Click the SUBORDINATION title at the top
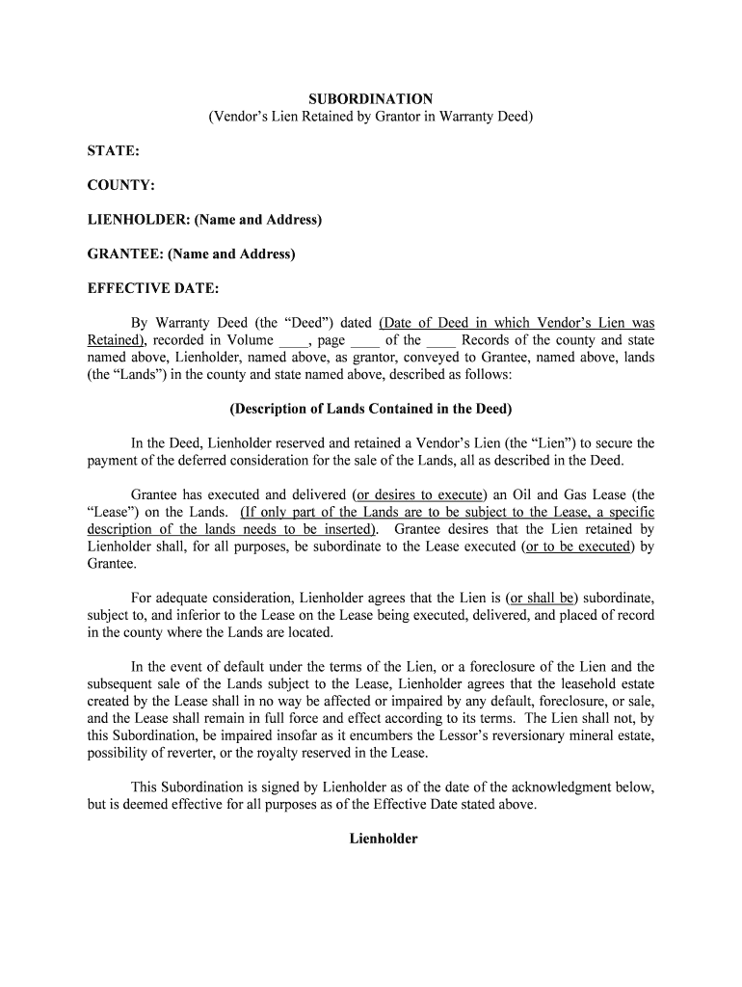(371, 99)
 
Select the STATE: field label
(114, 151)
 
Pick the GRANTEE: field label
(192, 254)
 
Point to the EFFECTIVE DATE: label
(153, 289)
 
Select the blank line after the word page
(364, 341)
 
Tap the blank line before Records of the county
(440, 341)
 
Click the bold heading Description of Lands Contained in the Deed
(371, 409)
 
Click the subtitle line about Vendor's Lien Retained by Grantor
(371, 117)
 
